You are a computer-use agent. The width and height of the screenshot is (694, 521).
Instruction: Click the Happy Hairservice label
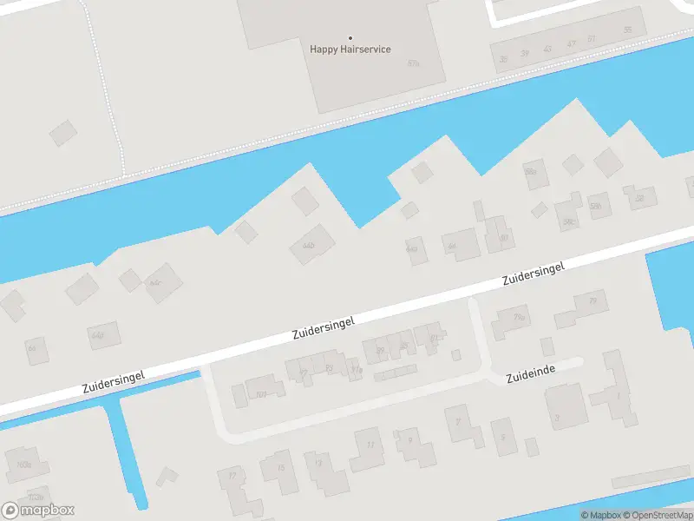click(350, 49)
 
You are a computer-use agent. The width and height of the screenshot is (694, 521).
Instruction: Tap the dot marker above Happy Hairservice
click(350, 37)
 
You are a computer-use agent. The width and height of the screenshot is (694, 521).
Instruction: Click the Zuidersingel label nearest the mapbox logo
click(113, 379)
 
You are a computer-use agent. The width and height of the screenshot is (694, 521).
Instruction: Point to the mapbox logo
click(38, 511)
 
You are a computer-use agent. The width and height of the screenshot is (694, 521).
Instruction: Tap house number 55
click(627, 30)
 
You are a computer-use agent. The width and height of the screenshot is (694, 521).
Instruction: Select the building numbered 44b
click(308, 246)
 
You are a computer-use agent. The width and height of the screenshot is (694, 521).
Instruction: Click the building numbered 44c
click(156, 283)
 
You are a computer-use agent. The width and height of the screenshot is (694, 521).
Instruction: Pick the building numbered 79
click(593, 302)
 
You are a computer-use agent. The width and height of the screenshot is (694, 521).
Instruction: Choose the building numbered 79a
click(519, 319)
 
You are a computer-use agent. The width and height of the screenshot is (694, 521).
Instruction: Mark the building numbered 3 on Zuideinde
click(557, 418)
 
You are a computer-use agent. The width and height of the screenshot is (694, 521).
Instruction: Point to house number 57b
click(413, 63)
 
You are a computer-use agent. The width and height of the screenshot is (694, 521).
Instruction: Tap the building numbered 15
click(279, 467)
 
